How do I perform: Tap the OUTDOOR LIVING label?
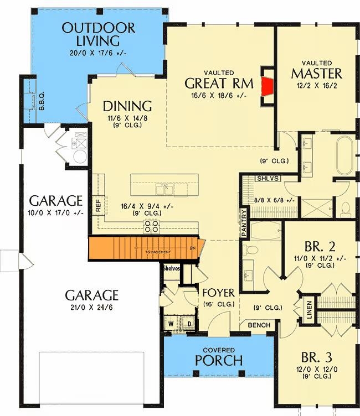(99, 34)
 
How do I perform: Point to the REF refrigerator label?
(99, 206)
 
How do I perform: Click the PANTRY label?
(243, 223)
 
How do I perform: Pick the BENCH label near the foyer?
(259, 325)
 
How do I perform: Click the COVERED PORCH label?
(218, 357)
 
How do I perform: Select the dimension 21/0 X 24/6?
(91, 307)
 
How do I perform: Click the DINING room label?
(127, 106)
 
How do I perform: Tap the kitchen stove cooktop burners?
(152, 225)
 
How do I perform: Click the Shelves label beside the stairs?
(171, 269)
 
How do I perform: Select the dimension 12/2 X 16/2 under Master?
(316, 86)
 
